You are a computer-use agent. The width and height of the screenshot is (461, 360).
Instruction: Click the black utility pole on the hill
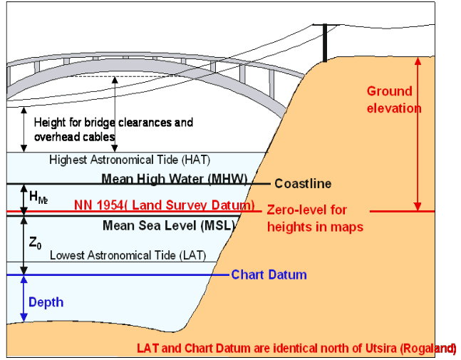325,43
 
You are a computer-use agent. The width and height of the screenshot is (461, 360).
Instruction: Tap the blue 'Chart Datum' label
269,274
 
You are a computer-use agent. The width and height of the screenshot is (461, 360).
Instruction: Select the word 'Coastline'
303,183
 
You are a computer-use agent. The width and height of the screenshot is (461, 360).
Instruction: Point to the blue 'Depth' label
46,302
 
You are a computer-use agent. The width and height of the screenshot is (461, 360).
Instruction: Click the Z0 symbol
35,243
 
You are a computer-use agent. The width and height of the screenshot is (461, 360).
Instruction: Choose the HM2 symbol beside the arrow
38,197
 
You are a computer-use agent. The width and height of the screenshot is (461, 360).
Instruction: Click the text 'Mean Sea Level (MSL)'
169,225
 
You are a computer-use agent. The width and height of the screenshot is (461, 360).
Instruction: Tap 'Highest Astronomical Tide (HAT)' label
130,160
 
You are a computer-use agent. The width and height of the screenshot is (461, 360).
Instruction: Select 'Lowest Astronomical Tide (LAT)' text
128,255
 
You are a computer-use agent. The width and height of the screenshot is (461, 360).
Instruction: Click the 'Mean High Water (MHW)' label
175,179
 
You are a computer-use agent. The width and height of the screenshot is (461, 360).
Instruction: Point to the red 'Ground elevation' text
394,100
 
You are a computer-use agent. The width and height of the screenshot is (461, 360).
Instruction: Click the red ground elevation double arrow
418,134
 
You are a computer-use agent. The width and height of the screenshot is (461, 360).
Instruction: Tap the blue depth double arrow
24,299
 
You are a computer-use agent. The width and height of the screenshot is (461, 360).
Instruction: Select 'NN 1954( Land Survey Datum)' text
165,205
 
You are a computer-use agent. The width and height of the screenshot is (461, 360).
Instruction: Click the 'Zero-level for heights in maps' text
315,219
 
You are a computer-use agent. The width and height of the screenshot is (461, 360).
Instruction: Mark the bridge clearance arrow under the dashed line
115,114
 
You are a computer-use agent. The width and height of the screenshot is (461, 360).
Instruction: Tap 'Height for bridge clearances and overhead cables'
113,130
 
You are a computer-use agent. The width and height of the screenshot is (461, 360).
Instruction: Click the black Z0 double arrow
24,246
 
